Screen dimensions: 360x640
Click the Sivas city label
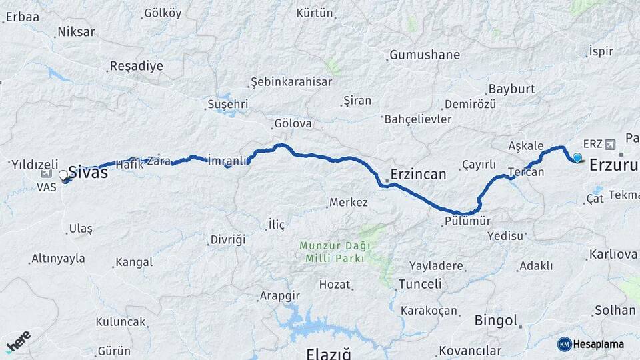click(89, 173)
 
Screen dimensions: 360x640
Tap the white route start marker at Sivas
click(63, 175)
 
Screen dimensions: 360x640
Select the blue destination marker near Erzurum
click(577, 158)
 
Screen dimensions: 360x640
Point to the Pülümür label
click(467, 221)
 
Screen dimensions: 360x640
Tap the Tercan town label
click(526, 172)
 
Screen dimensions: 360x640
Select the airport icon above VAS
click(46, 173)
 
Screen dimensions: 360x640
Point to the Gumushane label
click(425, 55)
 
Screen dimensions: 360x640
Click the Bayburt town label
click(512, 89)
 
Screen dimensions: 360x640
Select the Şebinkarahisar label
click(291, 81)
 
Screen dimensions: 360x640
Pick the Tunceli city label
click(420, 284)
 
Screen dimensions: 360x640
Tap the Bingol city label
click(496, 321)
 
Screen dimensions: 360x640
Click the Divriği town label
click(228, 239)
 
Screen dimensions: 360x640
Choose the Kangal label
click(134, 262)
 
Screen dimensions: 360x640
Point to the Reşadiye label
click(135, 67)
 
